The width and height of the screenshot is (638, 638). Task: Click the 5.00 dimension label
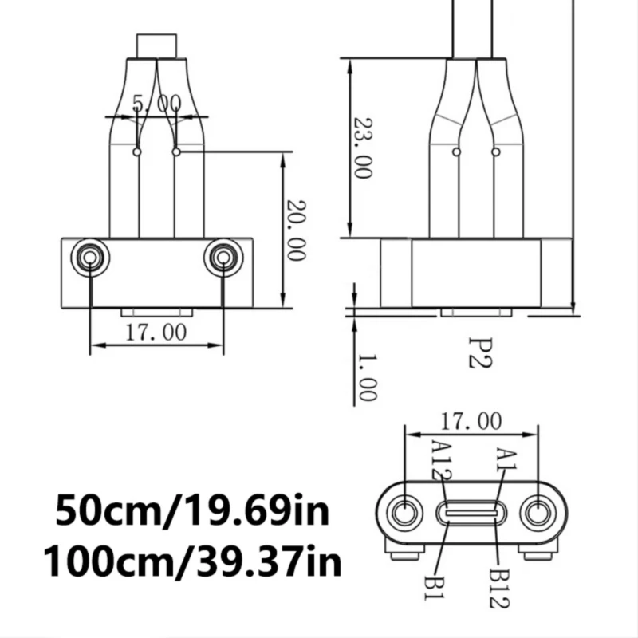pyautogui.click(x=156, y=103)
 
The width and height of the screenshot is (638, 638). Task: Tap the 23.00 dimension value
pyautogui.click(x=363, y=148)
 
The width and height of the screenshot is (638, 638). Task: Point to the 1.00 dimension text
pyautogui.click(x=366, y=376)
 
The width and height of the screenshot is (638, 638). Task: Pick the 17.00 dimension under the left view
pyautogui.click(x=156, y=331)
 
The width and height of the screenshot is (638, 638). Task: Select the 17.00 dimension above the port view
pyautogui.click(x=471, y=420)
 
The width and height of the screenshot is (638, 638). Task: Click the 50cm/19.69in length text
pyautogui.click(x=191, y=511)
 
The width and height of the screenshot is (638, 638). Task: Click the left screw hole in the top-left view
pyautogui.click(x=89, y=256)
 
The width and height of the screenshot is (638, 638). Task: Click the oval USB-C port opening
pyautogui.click(x=471, y=512)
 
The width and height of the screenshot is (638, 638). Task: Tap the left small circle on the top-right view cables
pyautogui.click(x=456, y=152)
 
